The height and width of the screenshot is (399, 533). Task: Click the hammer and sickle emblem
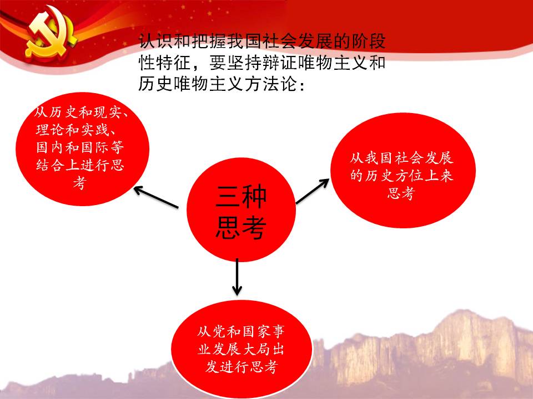(51, 32)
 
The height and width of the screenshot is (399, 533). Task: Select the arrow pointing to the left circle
(156, 197)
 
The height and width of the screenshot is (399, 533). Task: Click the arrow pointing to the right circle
(313, 191)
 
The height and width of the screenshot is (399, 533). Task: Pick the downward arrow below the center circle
(237, 277)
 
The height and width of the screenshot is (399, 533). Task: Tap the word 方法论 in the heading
(271, 83)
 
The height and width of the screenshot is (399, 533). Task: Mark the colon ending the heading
(301, 85)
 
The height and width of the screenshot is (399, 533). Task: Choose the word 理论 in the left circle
(51, 130)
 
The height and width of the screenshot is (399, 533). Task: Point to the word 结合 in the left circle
(51, 165)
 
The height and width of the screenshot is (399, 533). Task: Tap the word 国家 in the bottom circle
(255, 332)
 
